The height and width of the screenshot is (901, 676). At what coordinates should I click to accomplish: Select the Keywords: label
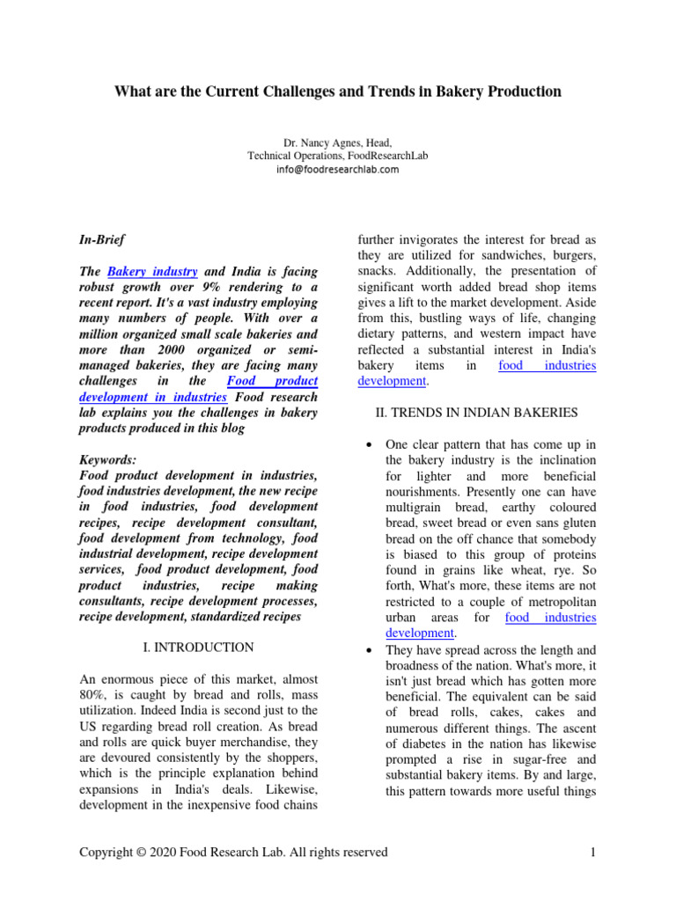click(108, 460)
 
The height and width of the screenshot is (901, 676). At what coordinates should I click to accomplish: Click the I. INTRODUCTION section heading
click(198, 647)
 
